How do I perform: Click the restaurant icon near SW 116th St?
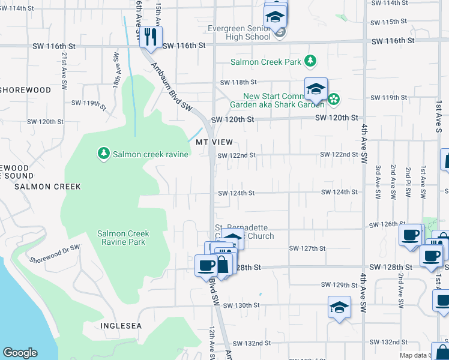151,37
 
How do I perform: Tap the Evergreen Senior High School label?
240,32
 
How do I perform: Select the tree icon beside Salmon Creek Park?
310,61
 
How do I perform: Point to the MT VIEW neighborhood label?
214,142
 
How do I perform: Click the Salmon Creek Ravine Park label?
123,238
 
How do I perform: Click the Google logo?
20,353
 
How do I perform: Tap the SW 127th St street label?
307,248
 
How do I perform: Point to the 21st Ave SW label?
63,71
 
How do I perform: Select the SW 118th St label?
238,82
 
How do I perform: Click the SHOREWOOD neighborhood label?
25,90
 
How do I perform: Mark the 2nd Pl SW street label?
409,182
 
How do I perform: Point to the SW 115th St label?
389,22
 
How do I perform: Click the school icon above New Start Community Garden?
315,89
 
